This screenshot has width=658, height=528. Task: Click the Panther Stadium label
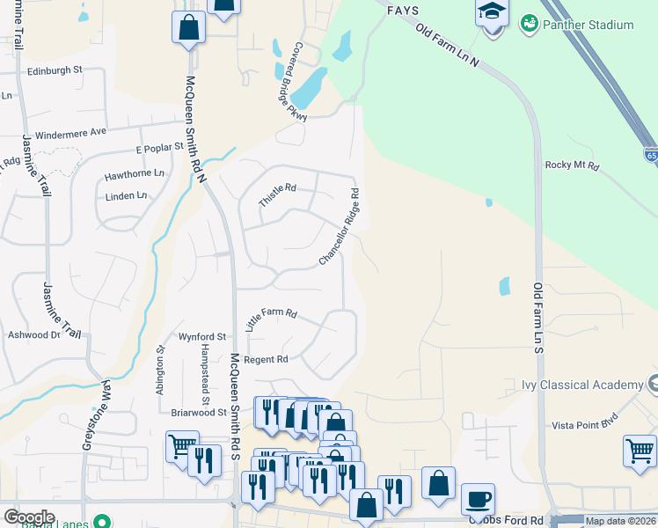point(589,25)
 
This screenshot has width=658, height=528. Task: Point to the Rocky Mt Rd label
point(572,165)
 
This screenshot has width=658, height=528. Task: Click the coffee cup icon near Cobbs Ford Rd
point(478,498)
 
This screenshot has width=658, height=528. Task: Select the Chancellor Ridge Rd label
point(340,227)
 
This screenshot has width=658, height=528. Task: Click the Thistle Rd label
point(278,194)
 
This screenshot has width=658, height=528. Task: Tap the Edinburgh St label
point(55,70)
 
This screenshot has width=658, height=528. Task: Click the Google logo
point(29,517)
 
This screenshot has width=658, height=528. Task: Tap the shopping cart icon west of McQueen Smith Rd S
point(182,447)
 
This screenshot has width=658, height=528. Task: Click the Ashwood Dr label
point(33,334)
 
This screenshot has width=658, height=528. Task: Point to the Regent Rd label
point(266,359)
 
